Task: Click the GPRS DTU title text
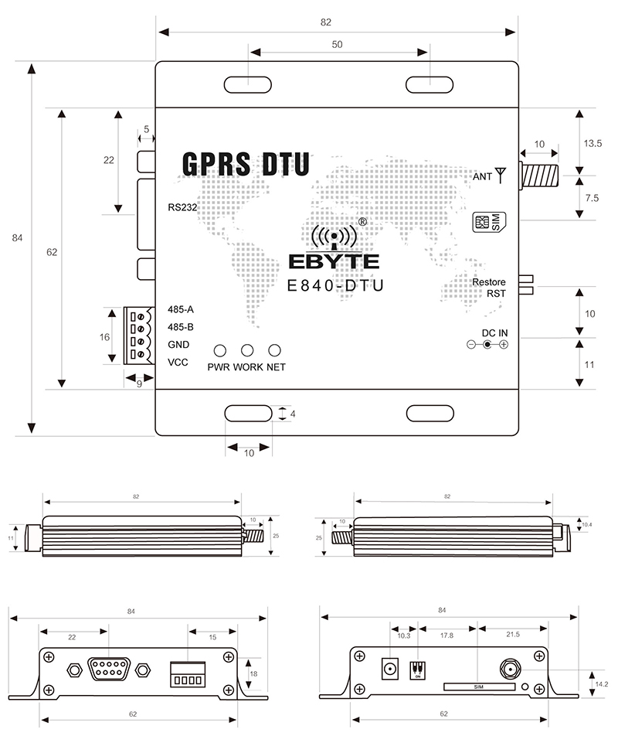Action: [246, 164]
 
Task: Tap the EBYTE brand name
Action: [334, 261]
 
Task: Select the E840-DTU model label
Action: [334, 285]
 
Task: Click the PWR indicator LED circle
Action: [221, 351]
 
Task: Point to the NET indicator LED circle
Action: [274, 351]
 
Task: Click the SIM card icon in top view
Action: [489, 223]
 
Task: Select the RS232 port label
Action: [184, 207]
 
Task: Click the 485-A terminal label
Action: [181, 309]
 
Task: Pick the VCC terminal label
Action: [178, 362]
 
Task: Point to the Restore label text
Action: [490, 282]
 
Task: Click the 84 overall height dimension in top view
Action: [18, 238]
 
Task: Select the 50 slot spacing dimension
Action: [338, 45]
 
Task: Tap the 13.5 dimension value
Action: [593, 143]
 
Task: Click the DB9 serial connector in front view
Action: [108, 668]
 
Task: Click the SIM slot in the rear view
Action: [479, 687]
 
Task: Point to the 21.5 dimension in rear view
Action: [512, 634]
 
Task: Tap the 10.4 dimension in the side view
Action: [586, 525]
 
